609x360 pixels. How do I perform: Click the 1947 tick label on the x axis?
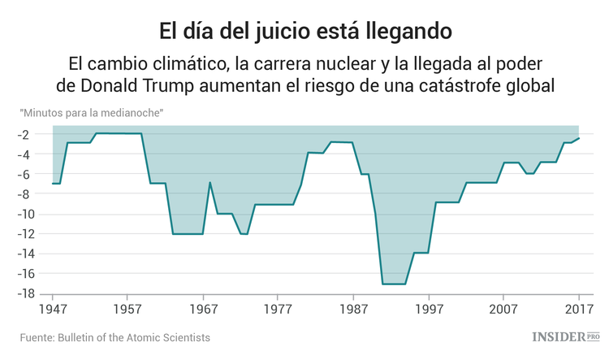pyautogui.click(x=53, y=310)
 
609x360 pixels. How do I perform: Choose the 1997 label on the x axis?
pyautogui.click(x=429, y=310)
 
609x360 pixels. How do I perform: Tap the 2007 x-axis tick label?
pyautogui.click(x=503, y=310)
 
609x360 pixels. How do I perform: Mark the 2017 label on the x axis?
pyautogui.click(x=578, y=310)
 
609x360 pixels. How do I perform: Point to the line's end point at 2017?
pyautogui.click(x=579, y=138)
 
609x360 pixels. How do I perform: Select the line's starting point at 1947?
pyautogui.click(x=53, y=184)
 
